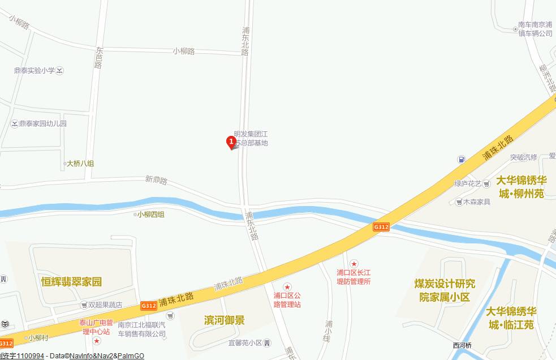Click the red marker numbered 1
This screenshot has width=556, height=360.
[x=231, y=142]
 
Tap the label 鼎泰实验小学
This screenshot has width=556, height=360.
[x=35, y=71]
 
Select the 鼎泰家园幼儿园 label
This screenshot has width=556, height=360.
[x=43, y=123]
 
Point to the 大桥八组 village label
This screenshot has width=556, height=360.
[x=80, y=164]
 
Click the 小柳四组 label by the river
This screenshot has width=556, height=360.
[x=151, y=215]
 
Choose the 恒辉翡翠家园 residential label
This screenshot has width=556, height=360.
[x=71, y=281]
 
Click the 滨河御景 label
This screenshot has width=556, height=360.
[x=225, y=320]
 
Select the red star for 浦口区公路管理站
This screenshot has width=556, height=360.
[x=287, y=288]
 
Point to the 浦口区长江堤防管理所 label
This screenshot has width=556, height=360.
[x=354, y=277]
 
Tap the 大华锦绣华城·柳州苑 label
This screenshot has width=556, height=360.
[x=521, y=187]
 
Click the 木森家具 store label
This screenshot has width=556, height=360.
[x=476, y=202]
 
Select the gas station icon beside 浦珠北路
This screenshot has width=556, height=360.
[x=462, y=160]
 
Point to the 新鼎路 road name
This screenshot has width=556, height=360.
[x=156, y=180]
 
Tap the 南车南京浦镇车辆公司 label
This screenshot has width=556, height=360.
[x=535, y=29]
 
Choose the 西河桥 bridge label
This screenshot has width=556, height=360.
[x=462, y=346]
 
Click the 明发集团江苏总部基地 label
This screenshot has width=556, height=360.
[x=251, y=139]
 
